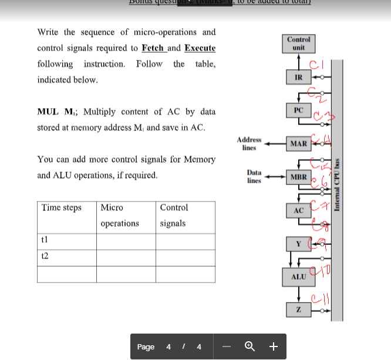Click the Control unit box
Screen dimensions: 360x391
pyautogui.click(x=299, y=43)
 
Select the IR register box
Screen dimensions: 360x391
pyautogui.click(x=298, y=77)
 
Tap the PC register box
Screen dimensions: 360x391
pyautogui.click(x=298, y=110)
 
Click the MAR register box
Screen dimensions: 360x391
pyautogui.click(x=299, y=143)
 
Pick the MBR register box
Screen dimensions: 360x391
pyautogui.click(x=299, y=176)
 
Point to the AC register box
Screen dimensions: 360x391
pyautogui.click(x=298, y=210)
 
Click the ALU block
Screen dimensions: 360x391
pyautogui.click(x=299, y=276)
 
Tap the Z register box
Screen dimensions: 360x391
pyautogui.click(x=298, y=309)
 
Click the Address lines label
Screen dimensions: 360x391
pyautogui.click(x=249, y=143)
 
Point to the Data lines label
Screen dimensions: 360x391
pyautogui.click(x=254, y=177)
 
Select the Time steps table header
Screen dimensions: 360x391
pyautogui.click(x=61, y=208)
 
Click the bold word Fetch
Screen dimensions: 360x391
pyautogui.click(x=153, y=48)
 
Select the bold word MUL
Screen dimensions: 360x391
pyautogui.click(x=48, y=112)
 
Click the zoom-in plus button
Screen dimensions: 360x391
pyautogui.click(x=273, y=346)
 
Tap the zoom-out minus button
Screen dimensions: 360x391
pyautogui.click(x=225, y=346)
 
